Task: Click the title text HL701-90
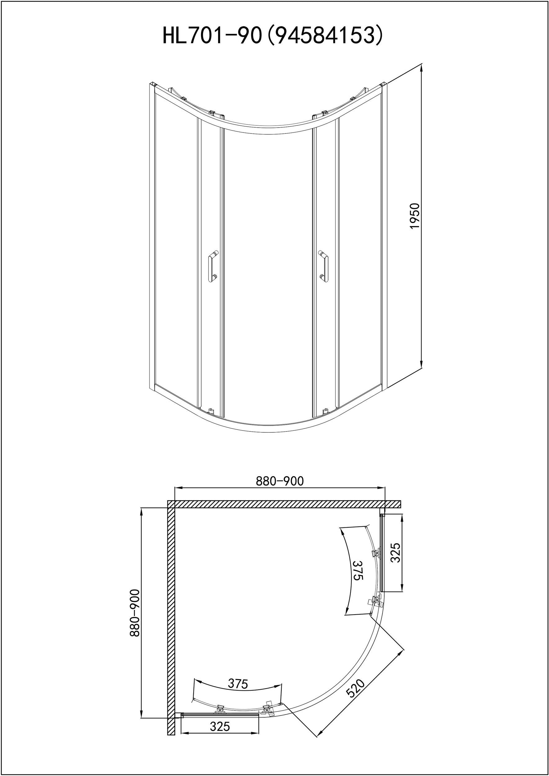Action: (213, 36)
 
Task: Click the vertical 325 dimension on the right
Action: (395, 553)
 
